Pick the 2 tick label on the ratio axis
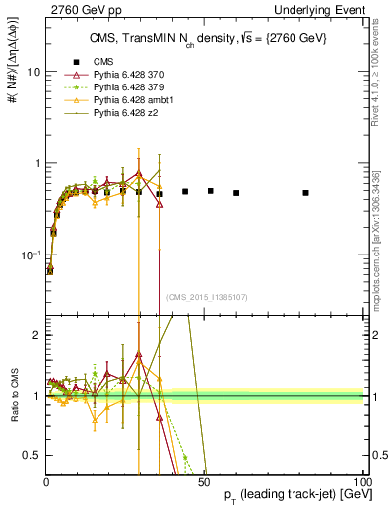pos(36,335)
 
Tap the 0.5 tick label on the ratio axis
pos(32,455)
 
